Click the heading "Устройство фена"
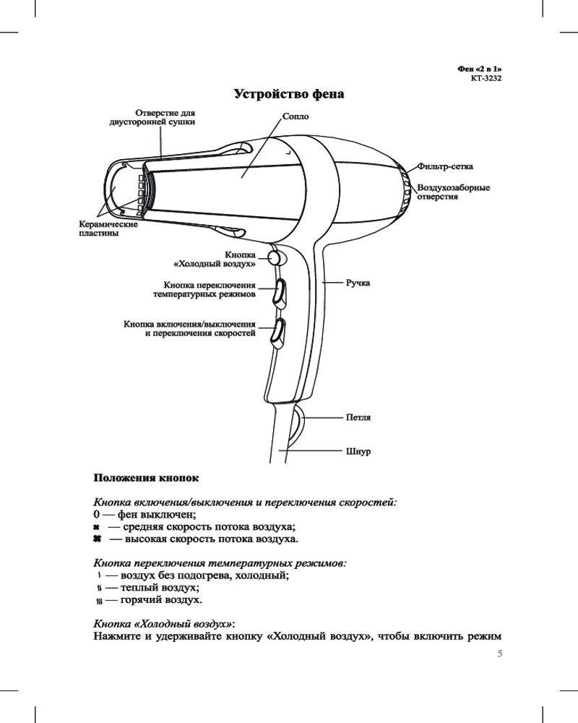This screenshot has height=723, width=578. click(289, 95)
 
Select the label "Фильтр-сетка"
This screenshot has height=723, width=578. click(446, 168)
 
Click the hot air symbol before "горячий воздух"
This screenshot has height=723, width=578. click(98, 601)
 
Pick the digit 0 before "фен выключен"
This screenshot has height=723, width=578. click(98, 514)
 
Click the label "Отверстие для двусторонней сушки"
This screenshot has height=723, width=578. click(151, 118)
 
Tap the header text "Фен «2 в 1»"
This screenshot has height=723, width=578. click(480, 67)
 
